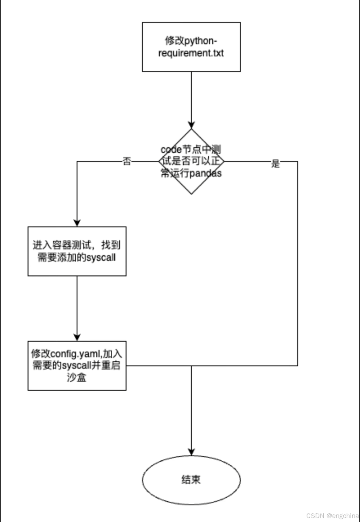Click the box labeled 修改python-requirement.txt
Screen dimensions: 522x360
click(191, 47)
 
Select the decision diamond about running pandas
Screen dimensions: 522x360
click(191, 161)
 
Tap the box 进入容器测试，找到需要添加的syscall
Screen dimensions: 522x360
click(77, 251)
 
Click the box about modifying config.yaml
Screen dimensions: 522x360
click(77, 365)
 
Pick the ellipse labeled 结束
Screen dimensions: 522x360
click(191, 480)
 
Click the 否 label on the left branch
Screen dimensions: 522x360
click(127, 161)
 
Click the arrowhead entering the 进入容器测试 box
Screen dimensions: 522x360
click(77, 223)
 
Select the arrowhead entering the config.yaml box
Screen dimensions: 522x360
click(77, 337)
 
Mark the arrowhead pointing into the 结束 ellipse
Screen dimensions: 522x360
click(191, 451)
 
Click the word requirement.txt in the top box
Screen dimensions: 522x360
click(191, 53)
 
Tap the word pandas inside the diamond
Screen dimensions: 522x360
click(205, 173)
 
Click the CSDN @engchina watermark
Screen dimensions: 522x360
click(332, 515)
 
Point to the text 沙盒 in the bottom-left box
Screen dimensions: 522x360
click(77, 377)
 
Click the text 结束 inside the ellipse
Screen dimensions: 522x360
click(191, 480)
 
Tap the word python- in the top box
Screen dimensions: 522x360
click(201, 41)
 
